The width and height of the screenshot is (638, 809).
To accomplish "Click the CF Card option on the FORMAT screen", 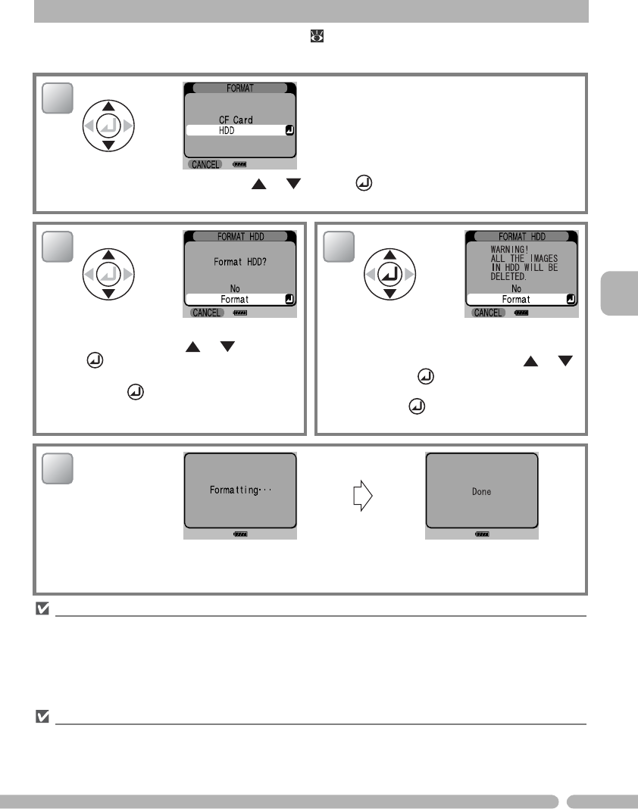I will click(236, 120).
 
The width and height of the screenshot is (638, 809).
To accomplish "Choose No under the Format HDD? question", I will click(236, 288).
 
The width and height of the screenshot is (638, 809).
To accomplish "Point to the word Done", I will click(481, 491).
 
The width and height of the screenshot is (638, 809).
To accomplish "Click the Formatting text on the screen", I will click(239, 490).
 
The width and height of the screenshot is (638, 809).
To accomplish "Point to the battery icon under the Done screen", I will click(482, 534).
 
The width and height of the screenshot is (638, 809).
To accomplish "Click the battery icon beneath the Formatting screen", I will click(239, 534).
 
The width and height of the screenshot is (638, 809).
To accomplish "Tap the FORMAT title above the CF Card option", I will click(239, 87).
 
